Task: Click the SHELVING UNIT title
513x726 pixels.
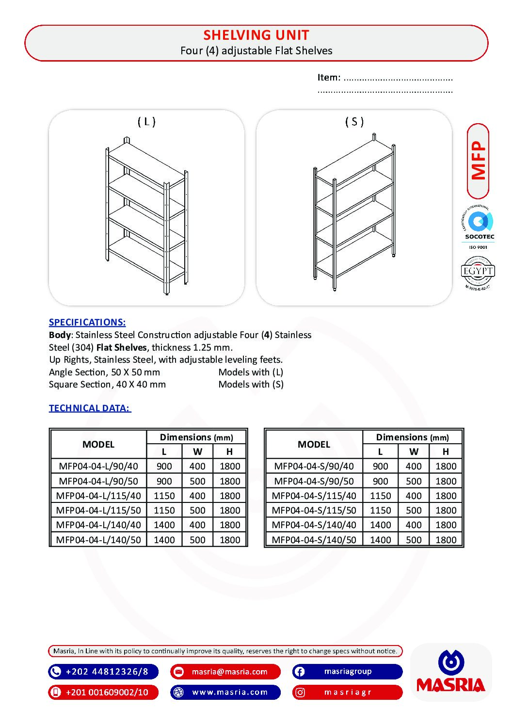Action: click(256, 35)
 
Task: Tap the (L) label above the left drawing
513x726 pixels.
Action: click(146, 121)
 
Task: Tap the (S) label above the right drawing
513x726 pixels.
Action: click(354, 121)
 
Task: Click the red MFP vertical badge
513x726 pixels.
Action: click(478, 161)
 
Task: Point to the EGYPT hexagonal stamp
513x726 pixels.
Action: click(478, 273)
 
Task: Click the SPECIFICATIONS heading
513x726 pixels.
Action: click(87, 322)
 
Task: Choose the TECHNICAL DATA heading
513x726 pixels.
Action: click(90, 408)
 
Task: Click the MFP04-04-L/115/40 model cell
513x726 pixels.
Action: click(98, 496)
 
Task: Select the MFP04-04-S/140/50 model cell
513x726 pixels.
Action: click(314, 539)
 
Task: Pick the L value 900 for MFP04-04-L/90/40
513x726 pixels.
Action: click(164, 466)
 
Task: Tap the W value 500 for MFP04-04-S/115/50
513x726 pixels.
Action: click(414, 510)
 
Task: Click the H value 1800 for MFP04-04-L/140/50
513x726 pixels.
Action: click(230, 539)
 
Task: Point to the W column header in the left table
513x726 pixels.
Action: click(197, 452)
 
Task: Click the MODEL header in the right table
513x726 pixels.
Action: click(314, 444)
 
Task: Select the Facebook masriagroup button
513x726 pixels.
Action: click(347, 672)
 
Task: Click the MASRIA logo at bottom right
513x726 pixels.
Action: click(451, 672)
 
